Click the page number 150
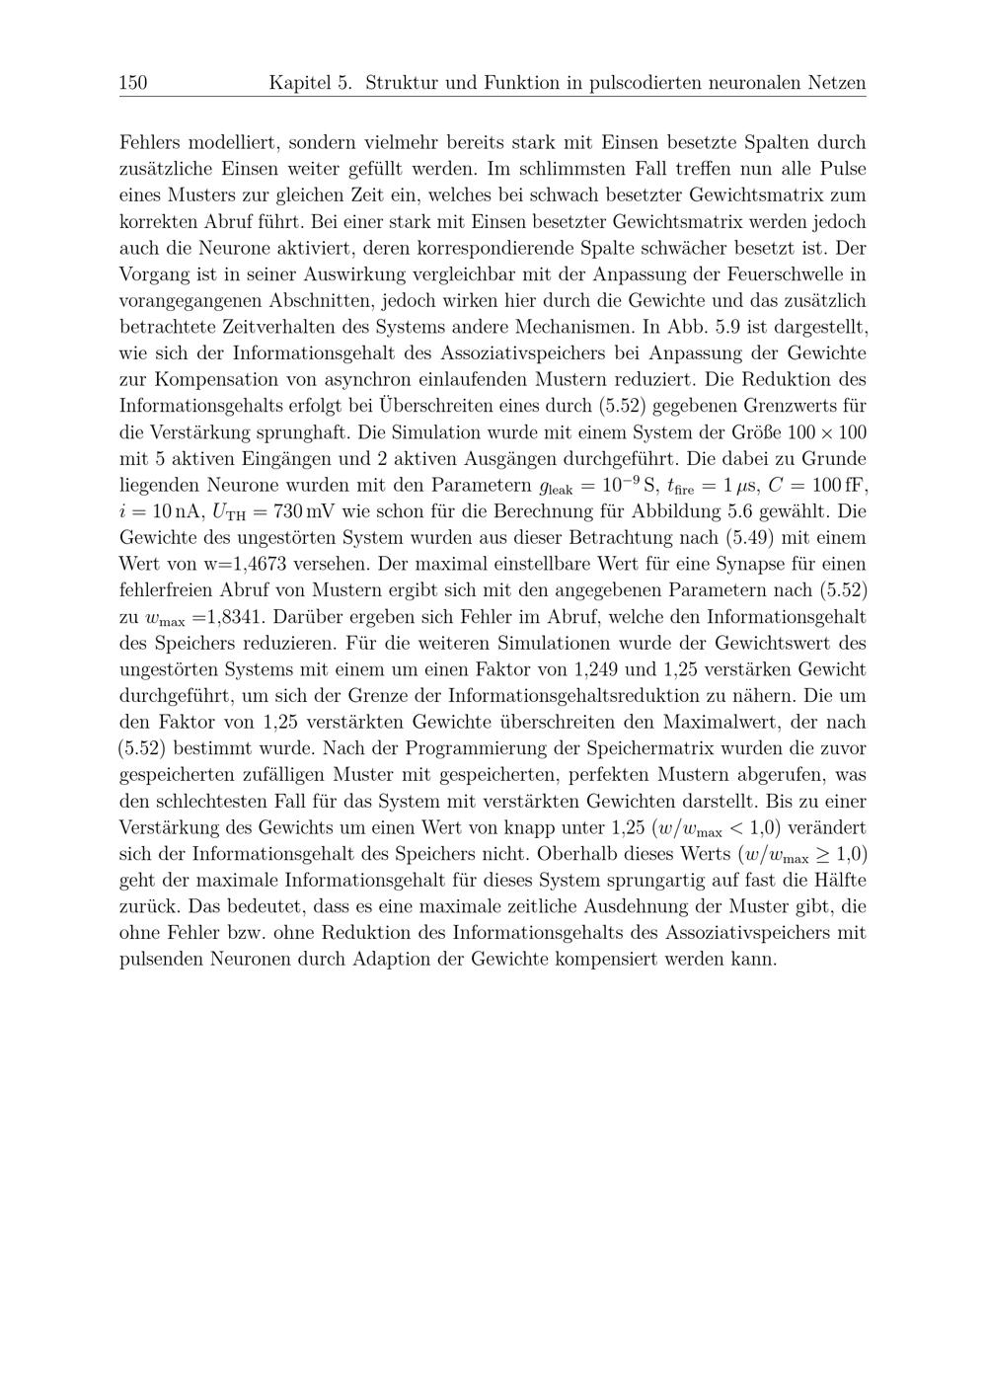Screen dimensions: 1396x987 (133, 83)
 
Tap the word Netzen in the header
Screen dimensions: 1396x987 (834, 83)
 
